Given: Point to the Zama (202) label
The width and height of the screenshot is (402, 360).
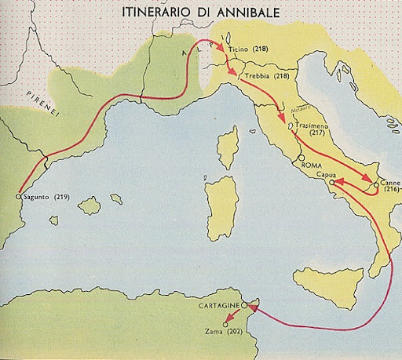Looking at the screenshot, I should (x=226, y=333).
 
